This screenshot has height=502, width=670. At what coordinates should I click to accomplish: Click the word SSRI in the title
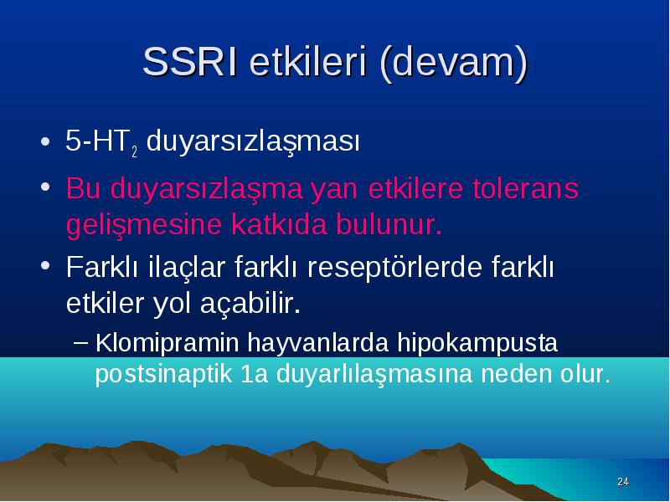click(190, 61)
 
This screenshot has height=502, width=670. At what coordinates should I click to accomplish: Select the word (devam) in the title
click(453, 64)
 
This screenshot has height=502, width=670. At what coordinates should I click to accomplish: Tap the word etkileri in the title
click(307, 61)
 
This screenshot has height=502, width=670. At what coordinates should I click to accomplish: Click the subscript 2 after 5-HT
click(134, 151)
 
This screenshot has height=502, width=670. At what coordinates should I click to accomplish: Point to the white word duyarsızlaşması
click(253, 142)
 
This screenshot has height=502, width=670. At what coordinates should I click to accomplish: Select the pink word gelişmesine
click(143, 225)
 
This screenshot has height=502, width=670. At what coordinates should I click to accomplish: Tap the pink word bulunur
click(389, 224)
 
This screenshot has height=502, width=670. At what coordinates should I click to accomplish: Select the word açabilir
click(250, 304)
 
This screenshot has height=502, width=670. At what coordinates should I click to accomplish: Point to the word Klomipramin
click(167, 343)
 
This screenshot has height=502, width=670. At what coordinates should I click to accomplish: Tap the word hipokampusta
click(477, 343)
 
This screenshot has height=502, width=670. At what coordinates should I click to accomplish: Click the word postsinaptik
click(163, 374)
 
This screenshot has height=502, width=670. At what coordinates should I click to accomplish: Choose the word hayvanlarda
click(318, 343)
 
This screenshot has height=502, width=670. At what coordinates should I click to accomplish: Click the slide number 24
click(623, 482)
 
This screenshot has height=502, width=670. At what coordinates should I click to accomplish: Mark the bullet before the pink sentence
click(45, 187)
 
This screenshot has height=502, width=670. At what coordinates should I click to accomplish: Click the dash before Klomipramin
click(80, 342)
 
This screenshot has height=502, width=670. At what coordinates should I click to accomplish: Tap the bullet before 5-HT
click(45, 141)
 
